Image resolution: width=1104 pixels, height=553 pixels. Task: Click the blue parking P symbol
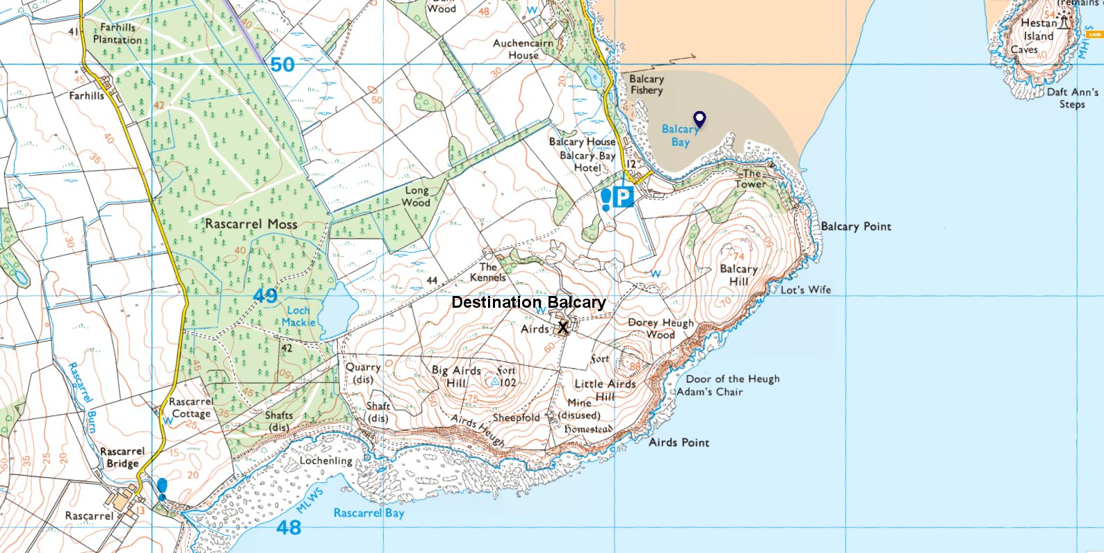[624, 198]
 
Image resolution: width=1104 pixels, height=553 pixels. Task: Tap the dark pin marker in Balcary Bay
[699, 119]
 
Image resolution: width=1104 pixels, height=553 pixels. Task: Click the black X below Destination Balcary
[563, 328]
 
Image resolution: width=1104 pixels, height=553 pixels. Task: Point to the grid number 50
[282, 65]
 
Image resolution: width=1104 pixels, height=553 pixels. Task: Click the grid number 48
[289, 528]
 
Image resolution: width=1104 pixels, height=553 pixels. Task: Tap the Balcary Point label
[856, 226]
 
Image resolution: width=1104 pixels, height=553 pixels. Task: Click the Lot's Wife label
[805, 290]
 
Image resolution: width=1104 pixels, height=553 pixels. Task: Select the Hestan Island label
[1038, 29]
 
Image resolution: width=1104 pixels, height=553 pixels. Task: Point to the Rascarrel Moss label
[251, 224]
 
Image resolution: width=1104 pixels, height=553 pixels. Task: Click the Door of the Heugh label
[733, 379]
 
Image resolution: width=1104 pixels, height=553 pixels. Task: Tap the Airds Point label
[679, 443]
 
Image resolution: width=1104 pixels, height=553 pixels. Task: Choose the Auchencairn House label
[523, 49]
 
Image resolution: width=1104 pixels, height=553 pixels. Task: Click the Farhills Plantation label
[117, 33]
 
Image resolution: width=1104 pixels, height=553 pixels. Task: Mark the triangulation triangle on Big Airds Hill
[494, 381]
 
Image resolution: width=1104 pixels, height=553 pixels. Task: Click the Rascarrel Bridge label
[123, 457]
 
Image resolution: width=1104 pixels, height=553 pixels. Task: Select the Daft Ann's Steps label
[1072, 98]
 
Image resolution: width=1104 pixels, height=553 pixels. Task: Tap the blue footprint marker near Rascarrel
[162, 488]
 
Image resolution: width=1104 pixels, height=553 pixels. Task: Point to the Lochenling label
[326, 461]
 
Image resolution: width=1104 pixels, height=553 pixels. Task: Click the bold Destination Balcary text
[528, 302]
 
